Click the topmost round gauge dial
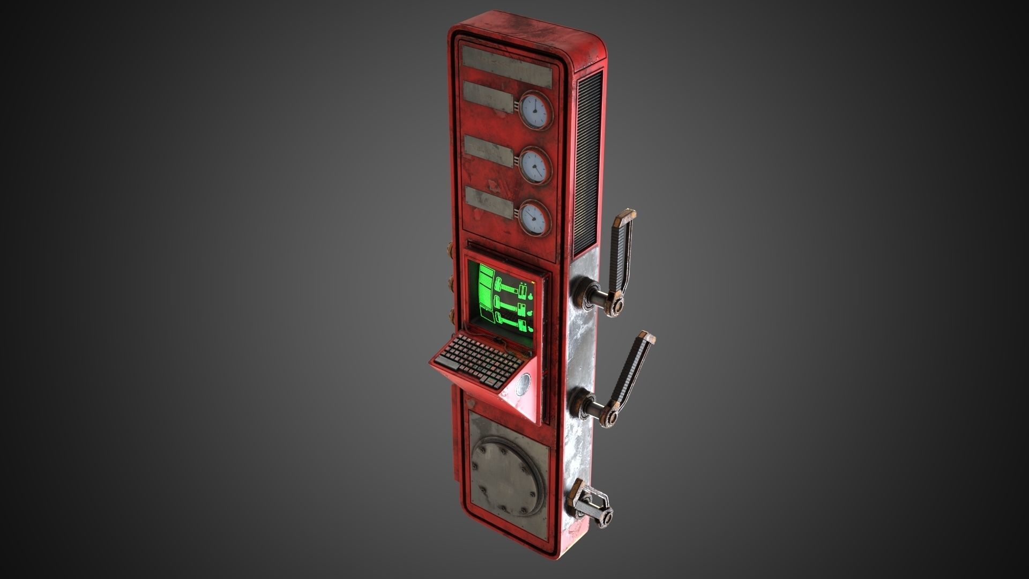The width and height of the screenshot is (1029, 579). [535, 111]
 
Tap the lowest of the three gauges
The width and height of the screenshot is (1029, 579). [534, 218]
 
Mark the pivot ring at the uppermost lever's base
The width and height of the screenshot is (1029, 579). [617, 306]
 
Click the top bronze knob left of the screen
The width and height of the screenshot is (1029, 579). [450, 250]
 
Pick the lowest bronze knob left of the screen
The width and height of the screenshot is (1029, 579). [450, 315]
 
